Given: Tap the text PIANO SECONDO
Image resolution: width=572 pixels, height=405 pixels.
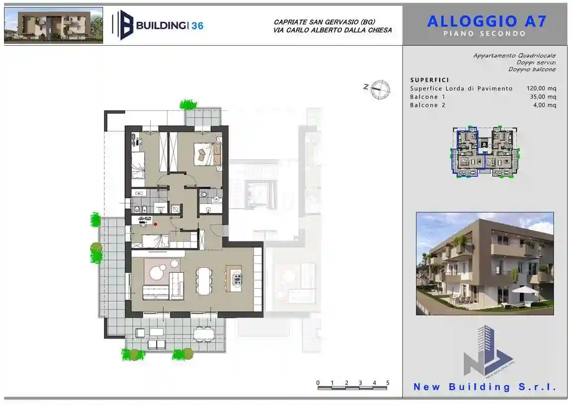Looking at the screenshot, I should pos(485,34).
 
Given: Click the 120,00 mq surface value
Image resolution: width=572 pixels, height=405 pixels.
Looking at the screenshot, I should pos(541,88).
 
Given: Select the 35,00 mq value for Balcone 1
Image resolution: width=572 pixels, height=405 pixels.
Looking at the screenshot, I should pos(543,97).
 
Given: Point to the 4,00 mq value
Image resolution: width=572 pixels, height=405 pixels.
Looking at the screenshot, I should pos(545,105).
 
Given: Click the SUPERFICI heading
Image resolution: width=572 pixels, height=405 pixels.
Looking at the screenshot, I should pos(429,80).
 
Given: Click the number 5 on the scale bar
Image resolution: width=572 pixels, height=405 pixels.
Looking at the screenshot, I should pos(388,383).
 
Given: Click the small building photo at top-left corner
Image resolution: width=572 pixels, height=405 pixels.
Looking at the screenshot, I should pos(54,25).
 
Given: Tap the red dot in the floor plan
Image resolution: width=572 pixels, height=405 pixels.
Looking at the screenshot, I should pos(156,224).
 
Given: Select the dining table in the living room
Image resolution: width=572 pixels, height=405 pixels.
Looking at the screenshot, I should pos(204,281).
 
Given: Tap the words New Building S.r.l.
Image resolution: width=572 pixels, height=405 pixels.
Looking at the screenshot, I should pos(485,387).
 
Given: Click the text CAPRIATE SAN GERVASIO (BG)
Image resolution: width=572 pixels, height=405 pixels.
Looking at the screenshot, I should pos(324,22).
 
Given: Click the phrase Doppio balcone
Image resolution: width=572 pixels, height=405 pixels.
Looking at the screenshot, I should pos(532,70).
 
